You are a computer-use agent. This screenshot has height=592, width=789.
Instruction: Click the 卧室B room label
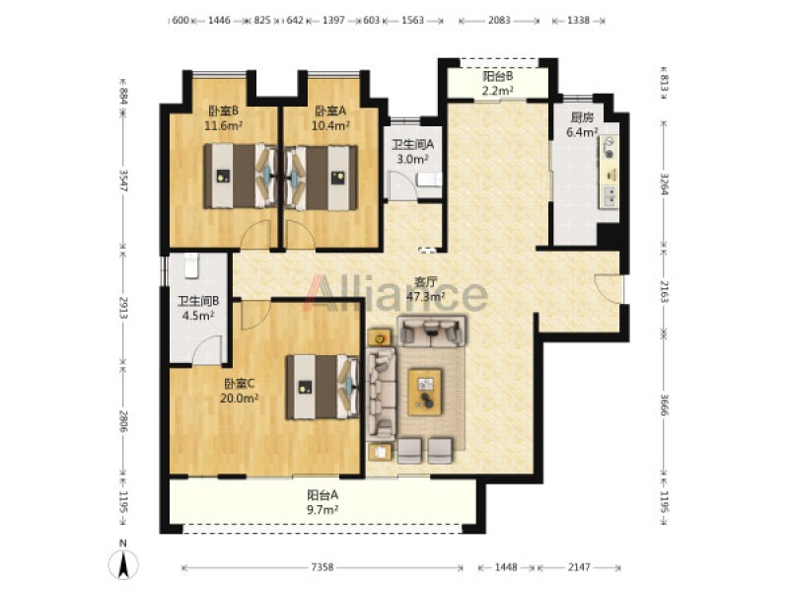[x=224, y=117]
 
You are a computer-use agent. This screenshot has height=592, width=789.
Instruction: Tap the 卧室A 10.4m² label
[x=330, y=117]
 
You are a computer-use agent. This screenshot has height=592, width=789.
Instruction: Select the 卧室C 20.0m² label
[x=239, y=391]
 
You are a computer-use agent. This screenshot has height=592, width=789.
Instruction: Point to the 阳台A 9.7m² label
[x=323, y=502]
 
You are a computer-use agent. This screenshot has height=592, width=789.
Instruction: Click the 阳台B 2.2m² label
[x=498, y=84]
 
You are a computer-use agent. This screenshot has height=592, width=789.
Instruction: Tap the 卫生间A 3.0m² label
[x=412, y=152]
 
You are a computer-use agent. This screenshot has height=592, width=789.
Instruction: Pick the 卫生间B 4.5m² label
[x=198, y=308]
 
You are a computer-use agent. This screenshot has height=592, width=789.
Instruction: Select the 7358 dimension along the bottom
[x=323, y=567]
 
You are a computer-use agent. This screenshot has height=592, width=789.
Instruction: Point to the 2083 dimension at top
[x=499, y=21]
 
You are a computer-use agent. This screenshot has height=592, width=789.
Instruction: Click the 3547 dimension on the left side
[x=122, y=181]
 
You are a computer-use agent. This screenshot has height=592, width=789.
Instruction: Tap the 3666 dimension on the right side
[x=664, y=404]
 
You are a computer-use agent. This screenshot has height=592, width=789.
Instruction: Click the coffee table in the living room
[x=425, y=392]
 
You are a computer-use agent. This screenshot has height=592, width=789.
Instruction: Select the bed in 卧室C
[x=323, y=387]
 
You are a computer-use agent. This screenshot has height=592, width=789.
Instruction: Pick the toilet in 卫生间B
[x=191, y=265]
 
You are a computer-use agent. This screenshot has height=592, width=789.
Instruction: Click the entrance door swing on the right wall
[x=609, y=288]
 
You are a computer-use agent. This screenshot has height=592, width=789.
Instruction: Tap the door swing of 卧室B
[x=255, y=235]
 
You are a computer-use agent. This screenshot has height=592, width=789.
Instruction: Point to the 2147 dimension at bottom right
[x=579, y=567]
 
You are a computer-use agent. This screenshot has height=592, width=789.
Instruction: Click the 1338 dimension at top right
[x=578, y=21]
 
